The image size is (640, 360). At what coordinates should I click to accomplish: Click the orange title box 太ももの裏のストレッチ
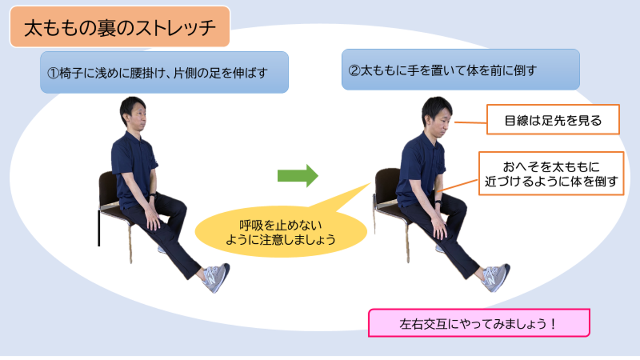120,27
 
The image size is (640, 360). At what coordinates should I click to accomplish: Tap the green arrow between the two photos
298,176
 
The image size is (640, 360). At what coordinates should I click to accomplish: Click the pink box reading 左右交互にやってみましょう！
479,323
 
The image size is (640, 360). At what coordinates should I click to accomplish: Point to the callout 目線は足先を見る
553,119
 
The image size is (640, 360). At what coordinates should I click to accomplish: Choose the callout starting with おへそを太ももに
551,174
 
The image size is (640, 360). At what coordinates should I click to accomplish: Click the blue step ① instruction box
164,72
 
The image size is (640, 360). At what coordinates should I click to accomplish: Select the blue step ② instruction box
460,69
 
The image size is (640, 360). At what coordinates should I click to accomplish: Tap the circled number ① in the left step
53,73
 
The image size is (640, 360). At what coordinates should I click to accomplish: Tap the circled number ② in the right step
354,71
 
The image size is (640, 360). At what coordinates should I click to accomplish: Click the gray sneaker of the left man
216,278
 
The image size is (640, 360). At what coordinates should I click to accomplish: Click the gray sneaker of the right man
496,277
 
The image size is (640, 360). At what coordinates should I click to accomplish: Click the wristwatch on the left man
153,196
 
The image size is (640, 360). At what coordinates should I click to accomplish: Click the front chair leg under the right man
408,243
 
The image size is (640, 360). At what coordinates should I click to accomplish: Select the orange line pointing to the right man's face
471,123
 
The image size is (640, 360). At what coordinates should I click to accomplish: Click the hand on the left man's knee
153,220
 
